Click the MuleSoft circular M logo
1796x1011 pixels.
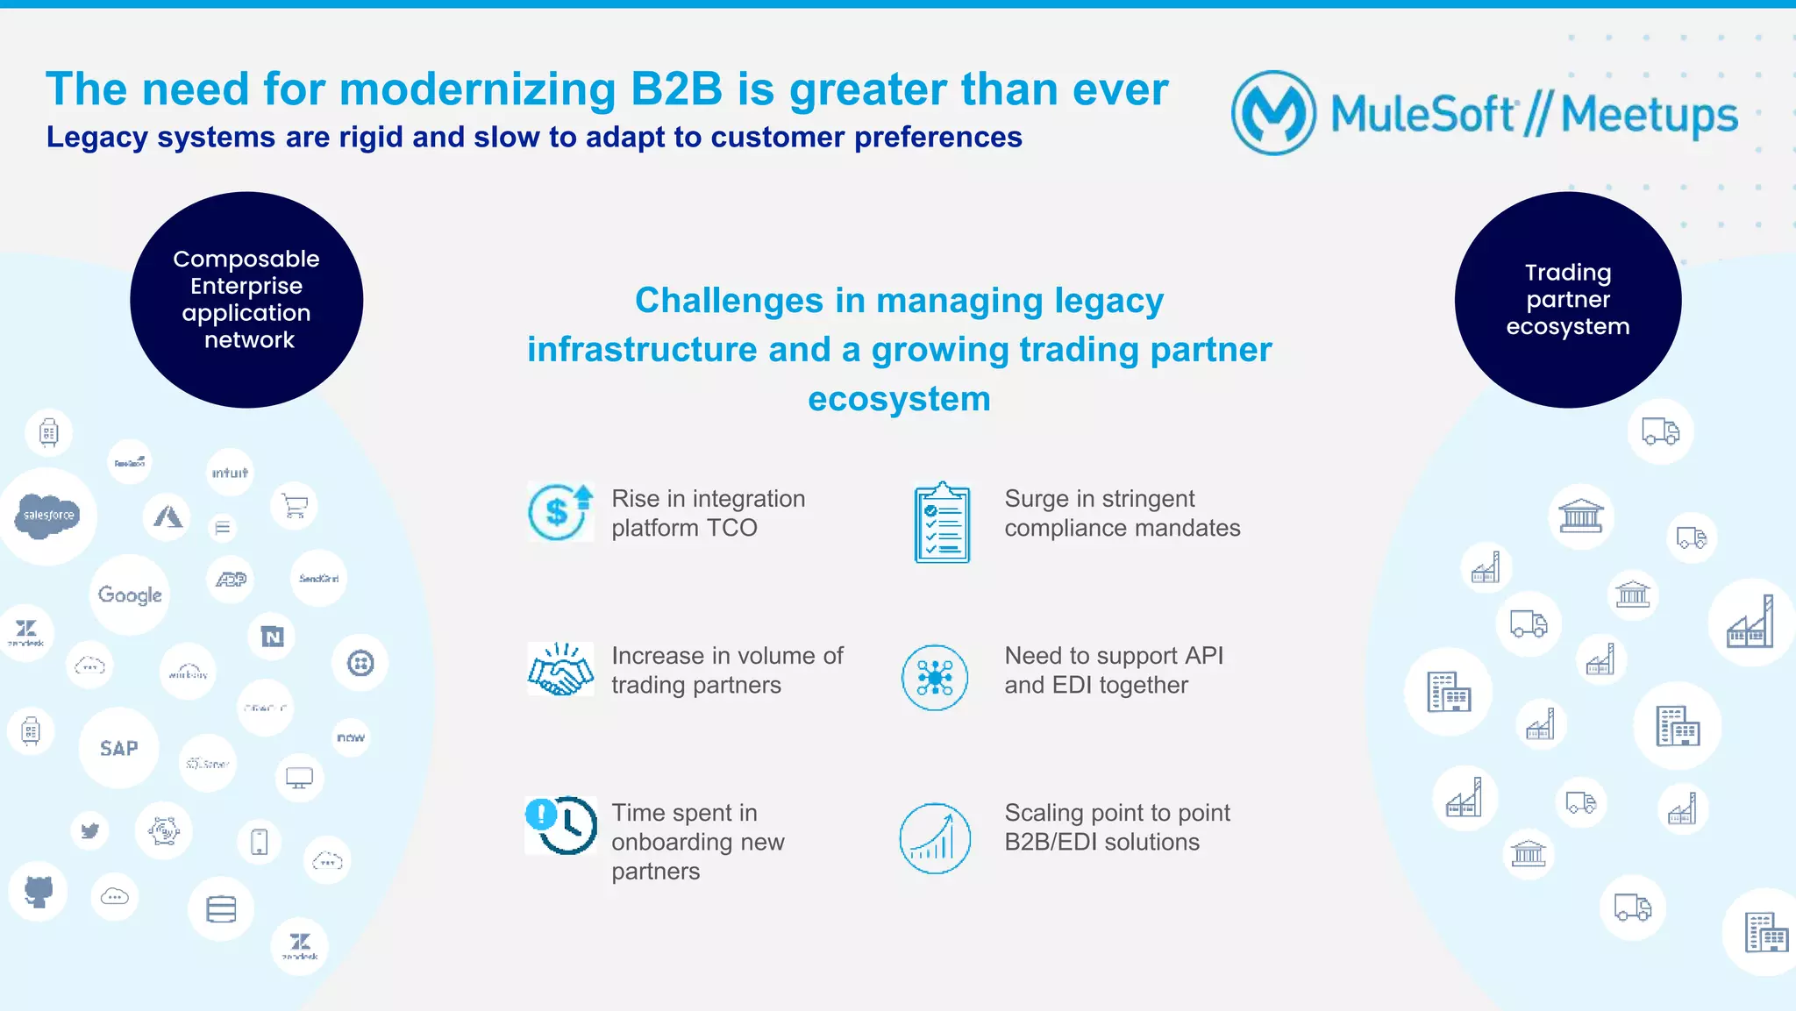tap(1273, 113)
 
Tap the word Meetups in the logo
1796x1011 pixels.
tap(1649, 115)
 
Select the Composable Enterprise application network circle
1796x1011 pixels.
tap(246, 300)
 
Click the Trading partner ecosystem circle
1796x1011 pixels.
tap(1567, 300)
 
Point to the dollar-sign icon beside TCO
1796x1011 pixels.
tap(559, 511)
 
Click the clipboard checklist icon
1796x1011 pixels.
tap(942, 523)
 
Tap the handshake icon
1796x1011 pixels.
tap(559, 670)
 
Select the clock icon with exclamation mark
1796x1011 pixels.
tap(561, 824)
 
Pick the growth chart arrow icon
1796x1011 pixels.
tap(935, 838)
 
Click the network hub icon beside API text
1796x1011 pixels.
tap(935, 677)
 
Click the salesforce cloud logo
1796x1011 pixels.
tap(48, 516)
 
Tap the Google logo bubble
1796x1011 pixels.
tap(130, 594)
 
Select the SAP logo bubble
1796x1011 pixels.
tap(118, 748)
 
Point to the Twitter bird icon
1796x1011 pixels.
tap(89, 829)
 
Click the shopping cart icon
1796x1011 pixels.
tap(294, 506)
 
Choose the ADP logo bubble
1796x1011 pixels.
tap(232, 579)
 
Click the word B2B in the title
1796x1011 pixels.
tap(676, 89)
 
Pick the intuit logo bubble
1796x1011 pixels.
tap(230, 473)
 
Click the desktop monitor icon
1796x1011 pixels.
tap(299, 778)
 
